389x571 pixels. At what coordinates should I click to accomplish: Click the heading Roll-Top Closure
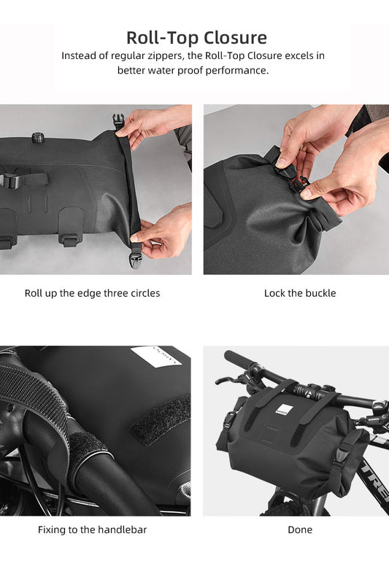tap(196, 37)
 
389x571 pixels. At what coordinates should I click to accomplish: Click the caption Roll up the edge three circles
tap(92, 293)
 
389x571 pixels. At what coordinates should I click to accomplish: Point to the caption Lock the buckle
tap(300, 293)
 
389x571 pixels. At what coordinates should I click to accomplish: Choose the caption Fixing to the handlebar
tap(92, 529)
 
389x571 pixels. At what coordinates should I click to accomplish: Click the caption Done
tap(300, 529)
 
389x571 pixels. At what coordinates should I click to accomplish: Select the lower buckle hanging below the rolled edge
tap(136, 250)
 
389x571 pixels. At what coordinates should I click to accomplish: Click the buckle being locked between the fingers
tap(296, 182)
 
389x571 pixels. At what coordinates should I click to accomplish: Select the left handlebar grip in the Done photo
tap(238, 360)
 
